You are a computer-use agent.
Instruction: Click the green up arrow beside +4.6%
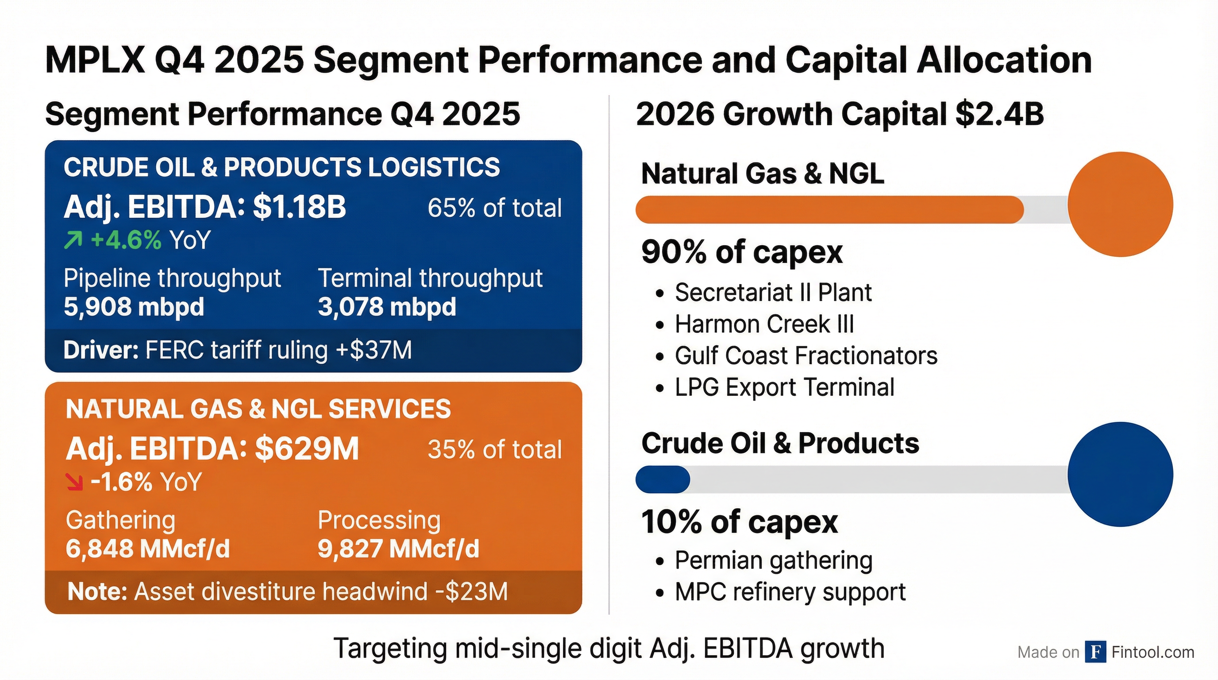pos(73,240)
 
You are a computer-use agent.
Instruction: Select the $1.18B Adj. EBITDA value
pos(299,207)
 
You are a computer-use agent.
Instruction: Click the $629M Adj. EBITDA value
pos(307,449)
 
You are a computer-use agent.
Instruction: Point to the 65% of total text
pos(494,208)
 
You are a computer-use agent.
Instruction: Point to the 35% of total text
pos(494,449)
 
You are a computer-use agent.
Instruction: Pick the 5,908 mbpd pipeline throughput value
pos(134,307)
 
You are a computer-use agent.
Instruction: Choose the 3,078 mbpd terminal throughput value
pos(387,307)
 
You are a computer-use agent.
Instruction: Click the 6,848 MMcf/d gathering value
pos(147,549)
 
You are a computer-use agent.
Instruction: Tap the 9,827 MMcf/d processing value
pos(398,549)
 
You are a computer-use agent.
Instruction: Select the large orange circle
pos(1120,204)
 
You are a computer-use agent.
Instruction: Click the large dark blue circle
pos(1120,474)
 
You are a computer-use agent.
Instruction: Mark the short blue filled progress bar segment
pos(663,479)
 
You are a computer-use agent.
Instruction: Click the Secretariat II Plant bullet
pos(773,293)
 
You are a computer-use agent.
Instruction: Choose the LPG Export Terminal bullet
pos(784,387)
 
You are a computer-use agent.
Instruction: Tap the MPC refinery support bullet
pos(790,592)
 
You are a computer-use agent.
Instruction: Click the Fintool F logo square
pos(1095,652)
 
